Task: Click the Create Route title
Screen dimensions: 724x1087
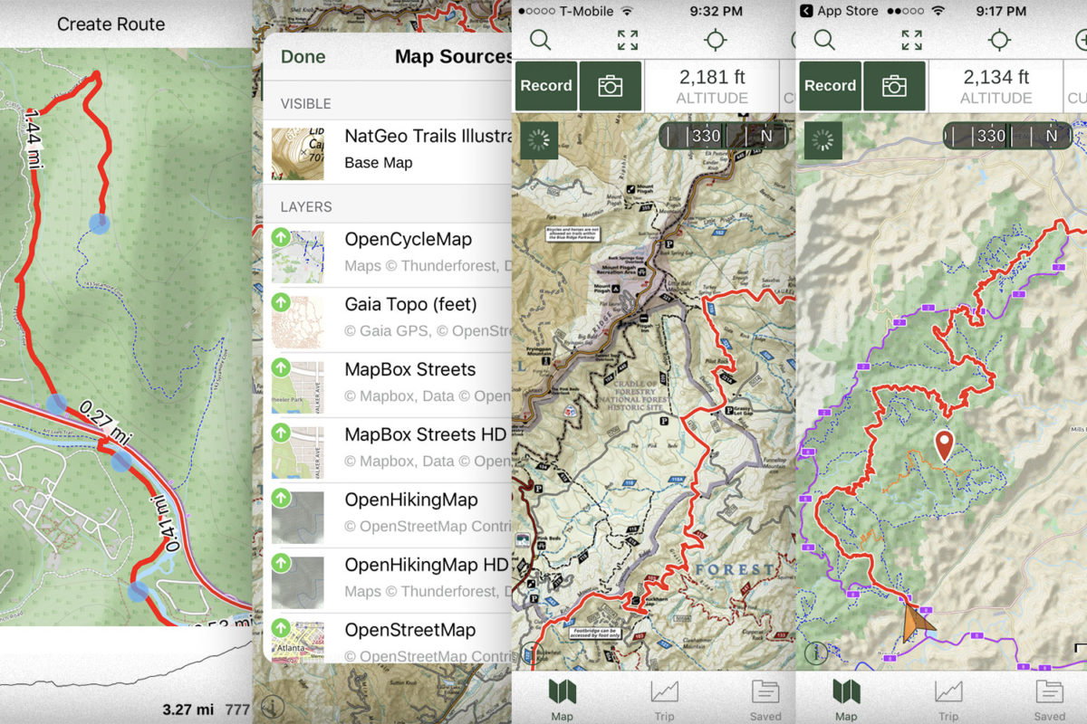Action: pos(111,24)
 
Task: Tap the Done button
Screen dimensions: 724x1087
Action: pos(303,57)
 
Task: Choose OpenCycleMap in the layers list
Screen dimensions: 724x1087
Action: pos(408,240)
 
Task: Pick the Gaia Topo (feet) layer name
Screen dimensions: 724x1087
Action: pos(410,304)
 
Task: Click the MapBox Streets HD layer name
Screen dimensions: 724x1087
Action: pos(425,434)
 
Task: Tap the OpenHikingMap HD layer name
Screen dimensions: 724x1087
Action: pos(426,565)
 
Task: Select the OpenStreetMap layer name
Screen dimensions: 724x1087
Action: pos(416,630)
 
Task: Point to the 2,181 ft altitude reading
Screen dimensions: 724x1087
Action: pos(712,78)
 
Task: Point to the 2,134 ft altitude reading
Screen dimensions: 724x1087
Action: pos(996,78)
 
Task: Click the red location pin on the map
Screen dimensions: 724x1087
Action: pos(944,444)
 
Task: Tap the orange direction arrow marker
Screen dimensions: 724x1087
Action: pos(917,624)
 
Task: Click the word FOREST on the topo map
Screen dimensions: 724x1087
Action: pos(736,570)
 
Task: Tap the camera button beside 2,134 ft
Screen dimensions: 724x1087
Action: pos(894,86)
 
